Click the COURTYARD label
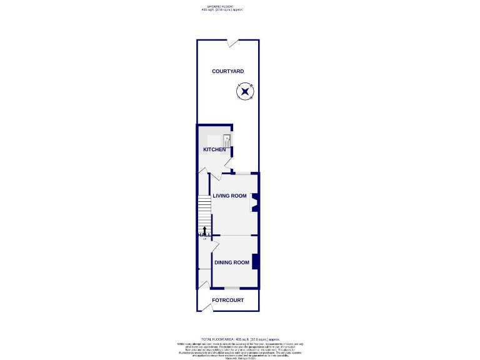click(x=227, y=71)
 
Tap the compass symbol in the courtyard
click(x=244, y=92)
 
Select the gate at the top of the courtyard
click(x=232, y=42)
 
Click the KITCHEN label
click(x=214, y=149)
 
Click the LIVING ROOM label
click(x=229, y=196)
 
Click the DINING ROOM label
click(x=232, y=262)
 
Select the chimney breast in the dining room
click(x=255, y=262)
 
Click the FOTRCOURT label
click(x=227, y=300)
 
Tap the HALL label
click(x=202, y=235)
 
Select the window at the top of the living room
click(x=241, y=173)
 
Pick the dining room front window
click(x=232, y=288)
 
